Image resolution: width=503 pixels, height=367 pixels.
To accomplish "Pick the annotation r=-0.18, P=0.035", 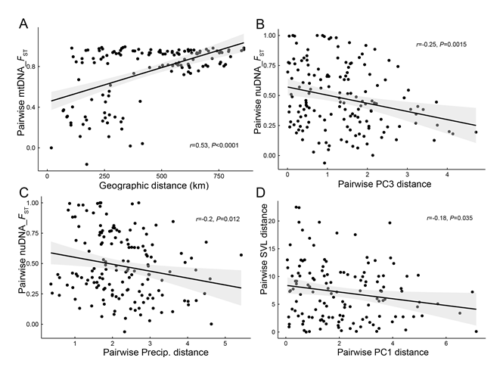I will (x=450, y=217).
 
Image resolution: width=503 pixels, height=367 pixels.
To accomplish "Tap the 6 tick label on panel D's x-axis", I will (x=446, y=344).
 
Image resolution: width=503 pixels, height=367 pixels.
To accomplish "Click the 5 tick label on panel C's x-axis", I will (x=225, y=344).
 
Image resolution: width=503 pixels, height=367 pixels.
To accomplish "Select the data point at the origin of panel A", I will (x=51, y=148).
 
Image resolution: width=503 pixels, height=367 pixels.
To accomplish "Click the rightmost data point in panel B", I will (x=475, y=132).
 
